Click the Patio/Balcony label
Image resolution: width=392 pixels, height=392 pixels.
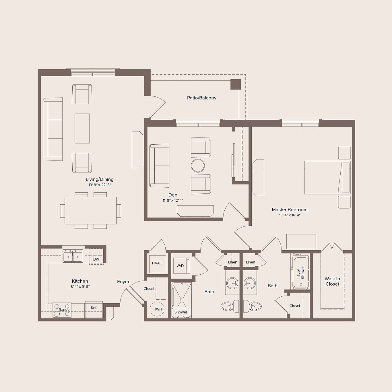(201, 98)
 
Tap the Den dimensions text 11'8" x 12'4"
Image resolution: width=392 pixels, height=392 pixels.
(173, 201)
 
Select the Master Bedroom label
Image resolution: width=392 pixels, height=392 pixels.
(290, 210)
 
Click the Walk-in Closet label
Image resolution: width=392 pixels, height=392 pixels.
(332, 281)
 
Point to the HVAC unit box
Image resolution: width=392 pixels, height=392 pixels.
(157, 263)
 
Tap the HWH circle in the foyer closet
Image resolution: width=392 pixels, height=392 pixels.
(158, 309)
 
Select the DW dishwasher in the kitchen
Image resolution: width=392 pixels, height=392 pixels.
(96, 259)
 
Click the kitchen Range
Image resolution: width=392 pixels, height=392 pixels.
(62, 310)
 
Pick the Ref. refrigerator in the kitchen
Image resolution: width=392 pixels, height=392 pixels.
(94, 309)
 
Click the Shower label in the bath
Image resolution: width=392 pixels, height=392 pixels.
(181, 312)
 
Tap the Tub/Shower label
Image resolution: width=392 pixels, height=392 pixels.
(300, 272)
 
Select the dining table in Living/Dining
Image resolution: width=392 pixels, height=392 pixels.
(90, 211)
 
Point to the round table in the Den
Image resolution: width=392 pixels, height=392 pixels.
(198, 166)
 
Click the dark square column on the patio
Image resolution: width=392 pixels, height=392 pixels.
(236, 84)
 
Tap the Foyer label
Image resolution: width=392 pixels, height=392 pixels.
(123, 282)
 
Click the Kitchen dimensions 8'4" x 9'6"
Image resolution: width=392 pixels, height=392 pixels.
(80, 287)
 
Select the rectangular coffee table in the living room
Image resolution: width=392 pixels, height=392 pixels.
(82, 128)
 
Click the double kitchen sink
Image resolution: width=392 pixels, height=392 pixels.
(73, 257)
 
